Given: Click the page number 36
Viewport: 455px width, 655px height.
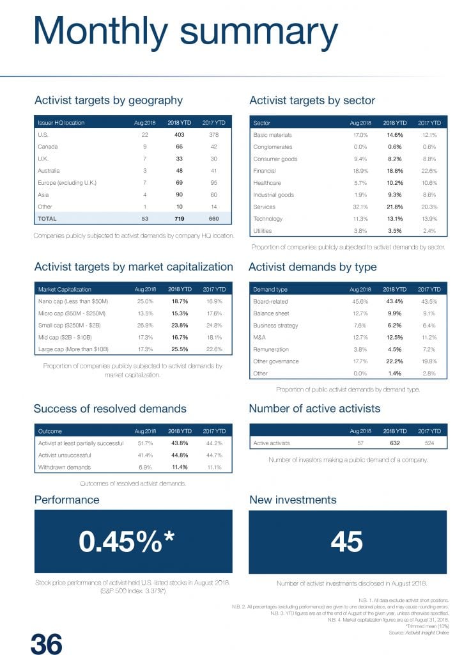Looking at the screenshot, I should click(x=47, y=643).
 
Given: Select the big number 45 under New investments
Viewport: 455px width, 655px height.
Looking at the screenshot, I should click(x=346, y=542).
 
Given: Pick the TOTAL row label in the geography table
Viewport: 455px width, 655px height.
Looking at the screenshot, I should click(x=47, y=218).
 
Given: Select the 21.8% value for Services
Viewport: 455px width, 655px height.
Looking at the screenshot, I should click(x=394, y=207).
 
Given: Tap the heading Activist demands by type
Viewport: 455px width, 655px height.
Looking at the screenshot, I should click(x=312, y=267).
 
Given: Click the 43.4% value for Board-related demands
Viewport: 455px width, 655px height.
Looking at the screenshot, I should click(x=394, y=301).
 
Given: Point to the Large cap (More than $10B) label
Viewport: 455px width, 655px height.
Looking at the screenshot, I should click(x=73, y=349).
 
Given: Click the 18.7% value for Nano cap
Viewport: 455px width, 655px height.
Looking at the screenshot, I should click(x=180, y=301).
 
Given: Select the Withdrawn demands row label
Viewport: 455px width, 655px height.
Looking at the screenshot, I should click(x=65, y=467).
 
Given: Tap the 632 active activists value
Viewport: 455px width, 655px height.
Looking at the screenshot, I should click(x=394, y=443).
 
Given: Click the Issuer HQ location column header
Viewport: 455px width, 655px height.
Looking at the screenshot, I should click(x=61, y=122).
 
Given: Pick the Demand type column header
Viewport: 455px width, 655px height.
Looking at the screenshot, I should click(x=270, y=289).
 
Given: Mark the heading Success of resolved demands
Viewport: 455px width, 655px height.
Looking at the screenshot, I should click(x=110, y=409).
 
